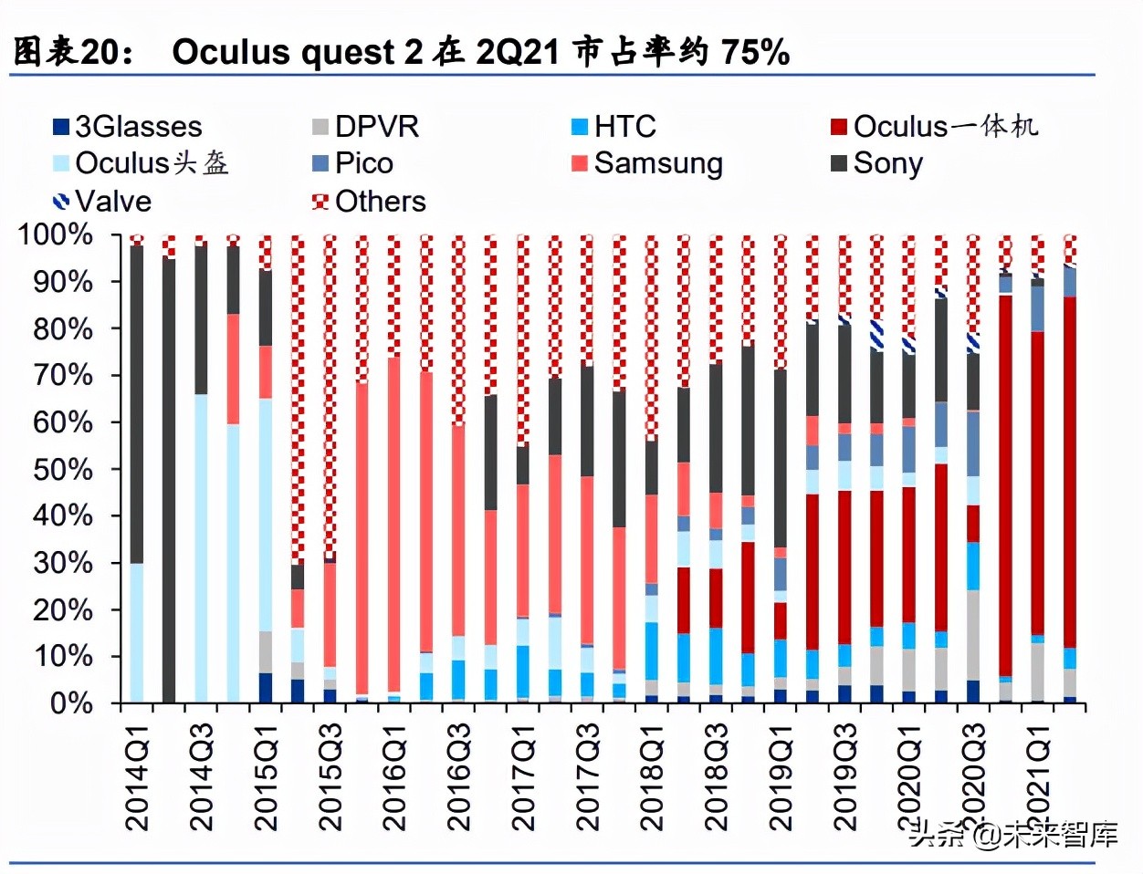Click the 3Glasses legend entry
tap(128, 127)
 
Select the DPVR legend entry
tap(366, 127)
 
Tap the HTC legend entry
tap(614, 127)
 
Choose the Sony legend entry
tap(877, 164)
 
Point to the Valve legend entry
tap(103, 202)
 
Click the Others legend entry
tap(370, 202)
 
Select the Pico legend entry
tap(353, 164)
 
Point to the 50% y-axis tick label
tap(63, 469)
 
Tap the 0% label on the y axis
tap(71, 703)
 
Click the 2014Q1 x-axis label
tap(136, 776)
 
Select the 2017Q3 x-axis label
tap(588, 776)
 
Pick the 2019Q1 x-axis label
tap(781, 776)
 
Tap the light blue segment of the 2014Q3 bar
tap(201, 547)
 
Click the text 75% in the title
tap(755, 52)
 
